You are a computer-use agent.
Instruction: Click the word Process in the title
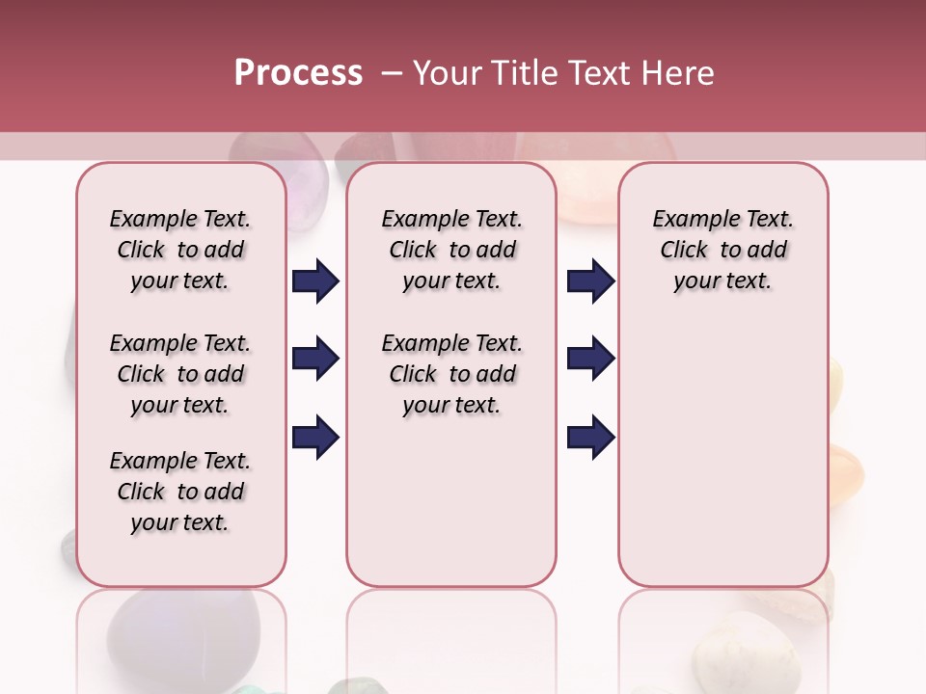coord(298,73)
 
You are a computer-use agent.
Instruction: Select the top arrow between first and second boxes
coord(315,281)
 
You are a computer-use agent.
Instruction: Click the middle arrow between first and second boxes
coord(315,360)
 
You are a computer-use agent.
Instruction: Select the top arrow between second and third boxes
coord(590,281)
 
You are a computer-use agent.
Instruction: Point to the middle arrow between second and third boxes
coord(590,360)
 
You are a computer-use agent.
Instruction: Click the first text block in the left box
coord(180,250)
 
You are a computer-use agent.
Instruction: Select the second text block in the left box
coord(180,374)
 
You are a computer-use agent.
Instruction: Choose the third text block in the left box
coord(180,492)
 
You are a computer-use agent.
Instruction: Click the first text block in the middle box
coord(452,250)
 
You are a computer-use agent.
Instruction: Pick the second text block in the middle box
coord(452,374)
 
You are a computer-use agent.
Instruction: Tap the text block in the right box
coord(723,250)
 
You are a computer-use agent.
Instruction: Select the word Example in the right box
coord(689,220)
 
